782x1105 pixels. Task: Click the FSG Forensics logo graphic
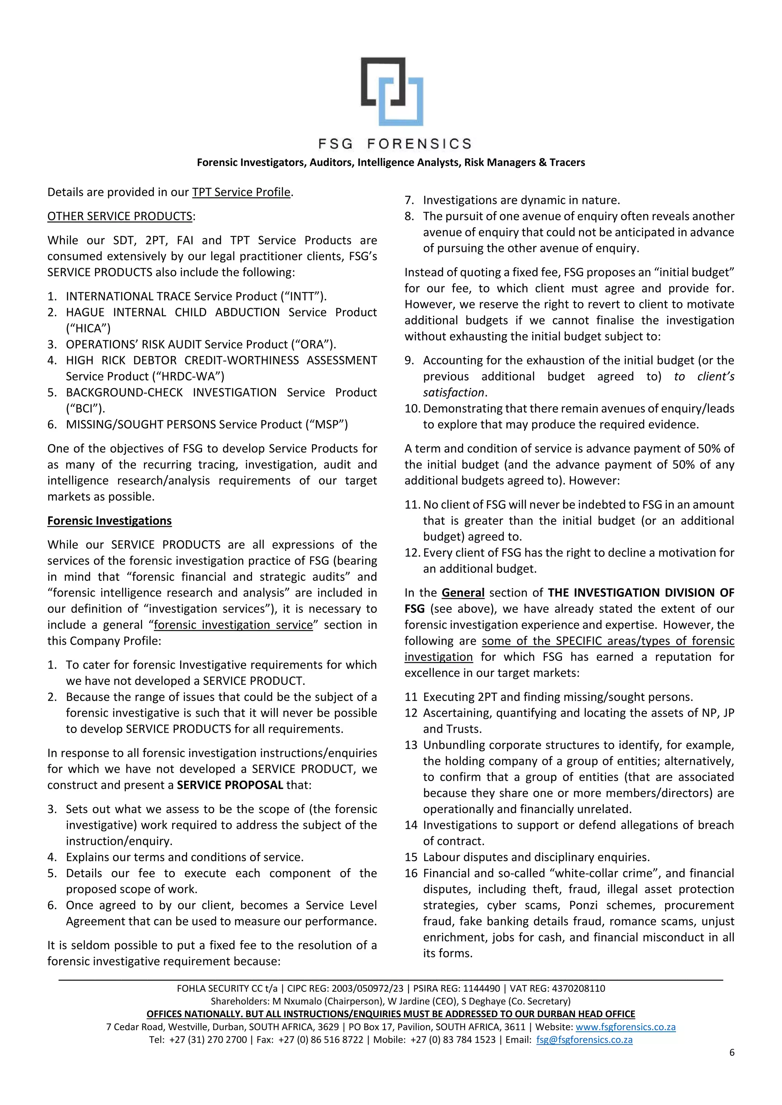click(x=392, y=92)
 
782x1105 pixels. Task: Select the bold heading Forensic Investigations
click(x=109, y=521)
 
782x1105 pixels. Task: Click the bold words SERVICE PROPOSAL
click(x=230, y=785)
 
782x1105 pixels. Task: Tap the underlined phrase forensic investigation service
click(x=233, y=625)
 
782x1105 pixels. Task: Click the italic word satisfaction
click(x=453, y=392)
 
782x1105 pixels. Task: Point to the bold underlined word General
click(x=463, y=593)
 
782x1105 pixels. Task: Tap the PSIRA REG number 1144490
click(x=481, y=989)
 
